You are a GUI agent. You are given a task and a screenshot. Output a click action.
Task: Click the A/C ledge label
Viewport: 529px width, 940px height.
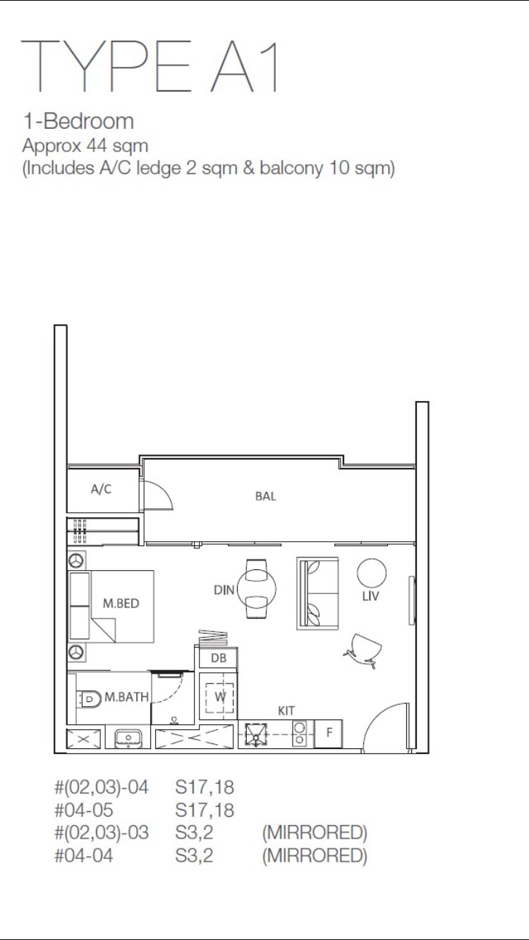coord(102,489)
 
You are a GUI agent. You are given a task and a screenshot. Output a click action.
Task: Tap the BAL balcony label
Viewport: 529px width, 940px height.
coord(265,497)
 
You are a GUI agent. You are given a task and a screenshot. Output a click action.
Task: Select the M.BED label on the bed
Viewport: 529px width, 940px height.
coord(121,603)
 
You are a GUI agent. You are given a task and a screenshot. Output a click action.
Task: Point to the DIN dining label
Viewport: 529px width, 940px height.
coord(224,590)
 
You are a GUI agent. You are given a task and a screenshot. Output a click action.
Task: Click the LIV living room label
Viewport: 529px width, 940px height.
coord(370,596)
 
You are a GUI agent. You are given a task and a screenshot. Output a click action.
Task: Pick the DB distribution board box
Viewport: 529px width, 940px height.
coord(219,658)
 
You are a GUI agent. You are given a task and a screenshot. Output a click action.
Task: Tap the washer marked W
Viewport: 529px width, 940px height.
coord(219,697)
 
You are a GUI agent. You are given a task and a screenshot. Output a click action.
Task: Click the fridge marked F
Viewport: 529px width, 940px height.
coord(329,732)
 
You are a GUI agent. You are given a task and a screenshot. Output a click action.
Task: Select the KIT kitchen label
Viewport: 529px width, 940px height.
coord(286,711)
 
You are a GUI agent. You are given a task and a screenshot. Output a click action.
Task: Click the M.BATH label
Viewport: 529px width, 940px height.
coord(126,697)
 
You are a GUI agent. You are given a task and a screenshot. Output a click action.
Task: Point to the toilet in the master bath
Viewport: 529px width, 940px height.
coord(88,699)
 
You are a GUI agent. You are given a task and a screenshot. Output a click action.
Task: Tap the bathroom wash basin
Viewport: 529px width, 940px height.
coord(128,737)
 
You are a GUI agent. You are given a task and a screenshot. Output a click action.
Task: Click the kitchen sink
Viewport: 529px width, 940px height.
coord(255,734)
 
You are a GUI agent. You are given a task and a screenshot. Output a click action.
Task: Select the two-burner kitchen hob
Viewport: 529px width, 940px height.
coord(300,733)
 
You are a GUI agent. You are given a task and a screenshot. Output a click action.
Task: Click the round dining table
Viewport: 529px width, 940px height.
coord(257,588)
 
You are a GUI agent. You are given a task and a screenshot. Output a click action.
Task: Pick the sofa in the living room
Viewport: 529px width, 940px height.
coord(317,593)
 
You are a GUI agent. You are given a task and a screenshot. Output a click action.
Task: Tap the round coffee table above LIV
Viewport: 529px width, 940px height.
coord(372,573)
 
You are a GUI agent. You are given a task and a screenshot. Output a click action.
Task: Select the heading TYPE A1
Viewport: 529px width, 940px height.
coord(150,66)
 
